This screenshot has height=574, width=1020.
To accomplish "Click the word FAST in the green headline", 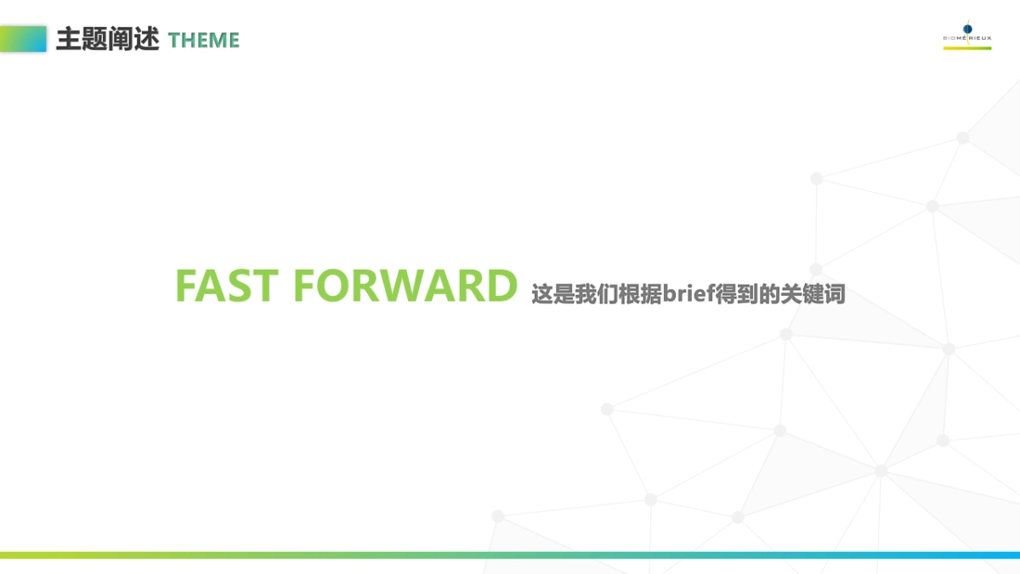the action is coord(227,286).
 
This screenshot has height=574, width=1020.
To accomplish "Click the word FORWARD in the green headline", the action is coord(405,286).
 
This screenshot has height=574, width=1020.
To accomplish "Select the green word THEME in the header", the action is coord(203,40).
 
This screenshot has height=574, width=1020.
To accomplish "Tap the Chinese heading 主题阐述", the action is coord(107,39).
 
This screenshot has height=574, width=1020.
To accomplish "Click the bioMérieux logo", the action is coord(967,35).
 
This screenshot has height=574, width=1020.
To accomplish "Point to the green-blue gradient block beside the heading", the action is coord(23,39).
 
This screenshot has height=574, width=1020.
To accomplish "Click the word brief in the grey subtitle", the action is coord(688,293).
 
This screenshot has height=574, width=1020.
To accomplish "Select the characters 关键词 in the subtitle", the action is coord(813,294).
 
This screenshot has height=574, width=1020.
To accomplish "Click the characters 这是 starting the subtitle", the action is coord(553,294).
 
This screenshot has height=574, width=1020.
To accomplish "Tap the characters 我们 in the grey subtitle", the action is coord(597,294).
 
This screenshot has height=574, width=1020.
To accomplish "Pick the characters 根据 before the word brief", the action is coord(640,294).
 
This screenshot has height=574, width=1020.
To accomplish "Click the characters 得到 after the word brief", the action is coord(736,294).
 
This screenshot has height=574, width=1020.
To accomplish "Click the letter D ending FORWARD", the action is coord(501,286).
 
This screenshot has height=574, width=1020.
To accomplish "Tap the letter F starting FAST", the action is coord(186,286).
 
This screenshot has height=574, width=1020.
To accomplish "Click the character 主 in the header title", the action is coord(69,39).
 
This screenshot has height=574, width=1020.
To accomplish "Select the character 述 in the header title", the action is coord(146,39).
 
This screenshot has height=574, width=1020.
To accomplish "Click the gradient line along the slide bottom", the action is coord(510,554).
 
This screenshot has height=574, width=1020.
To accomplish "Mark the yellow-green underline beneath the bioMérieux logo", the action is coord(967,48).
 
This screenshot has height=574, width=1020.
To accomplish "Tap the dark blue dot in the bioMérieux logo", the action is coord(967,29).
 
